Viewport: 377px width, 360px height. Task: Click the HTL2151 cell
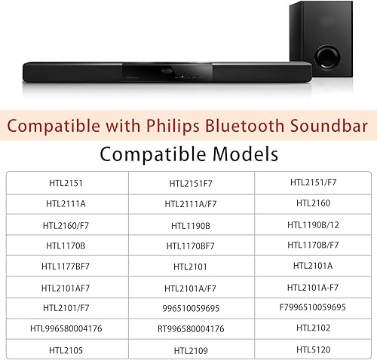pos(66,183)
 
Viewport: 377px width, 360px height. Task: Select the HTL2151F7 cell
pos(191,183)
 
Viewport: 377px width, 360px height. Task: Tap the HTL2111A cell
pos(66,204)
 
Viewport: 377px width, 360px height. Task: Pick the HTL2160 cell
pos(314,203)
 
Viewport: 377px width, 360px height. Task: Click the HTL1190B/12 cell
pos(314,224)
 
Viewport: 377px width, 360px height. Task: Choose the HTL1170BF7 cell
pos(191,246)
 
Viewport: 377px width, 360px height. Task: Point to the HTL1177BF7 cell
pos(66,267)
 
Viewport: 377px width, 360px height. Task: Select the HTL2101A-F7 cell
pos(314,287)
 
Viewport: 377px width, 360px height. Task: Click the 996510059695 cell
pos(191,308)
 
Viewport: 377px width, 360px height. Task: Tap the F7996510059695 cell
pos(314,307)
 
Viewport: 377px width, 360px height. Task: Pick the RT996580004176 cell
pos(191,328)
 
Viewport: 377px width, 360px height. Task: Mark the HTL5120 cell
pos(314,349)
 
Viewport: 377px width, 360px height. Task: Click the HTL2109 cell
pos(191,350)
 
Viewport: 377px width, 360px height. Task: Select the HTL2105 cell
pos(66,350)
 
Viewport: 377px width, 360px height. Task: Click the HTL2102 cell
pos(314,328)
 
